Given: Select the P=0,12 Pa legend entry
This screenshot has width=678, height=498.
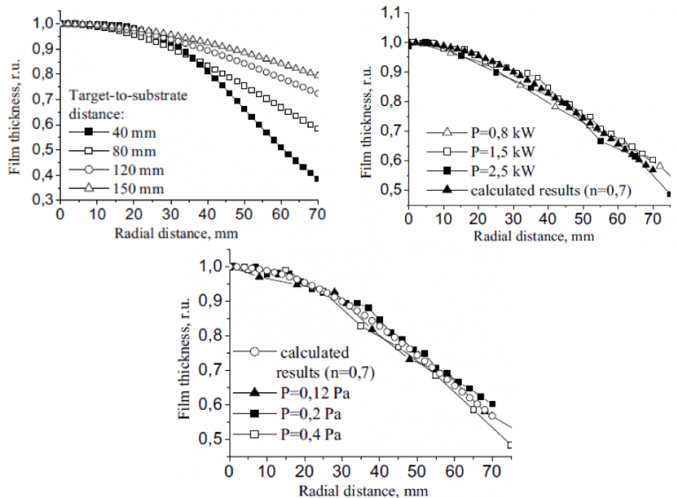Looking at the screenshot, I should point(300,392).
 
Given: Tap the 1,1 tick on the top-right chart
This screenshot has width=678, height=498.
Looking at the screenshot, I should point(389,11).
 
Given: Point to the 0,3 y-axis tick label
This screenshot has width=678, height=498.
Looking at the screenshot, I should point(40,201).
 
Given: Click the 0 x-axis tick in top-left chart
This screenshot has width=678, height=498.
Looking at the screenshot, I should point(59,215).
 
